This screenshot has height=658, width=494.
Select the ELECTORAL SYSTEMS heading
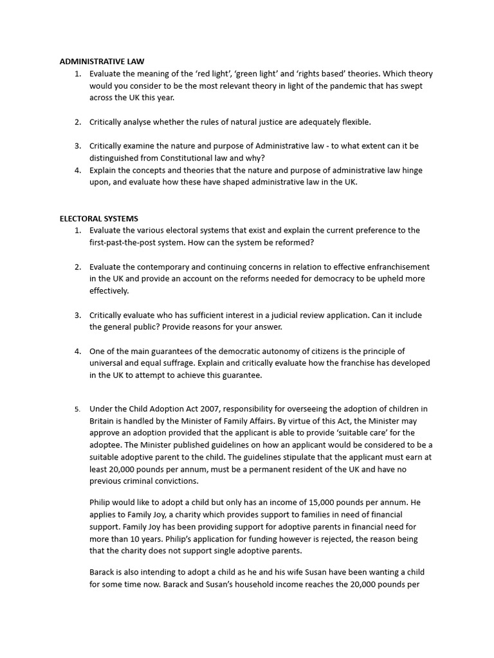coord(98,218)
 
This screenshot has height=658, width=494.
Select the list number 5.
coord(77,409)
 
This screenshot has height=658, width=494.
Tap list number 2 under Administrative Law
coord(77,121)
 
